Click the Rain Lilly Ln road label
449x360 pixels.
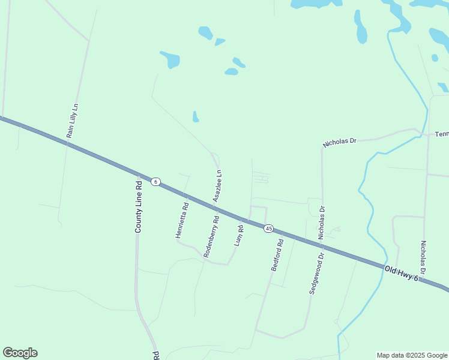click(x=73, y=121)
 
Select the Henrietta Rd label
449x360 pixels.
click(x=182, y=220)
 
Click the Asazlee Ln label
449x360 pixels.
click(x=217, y=185)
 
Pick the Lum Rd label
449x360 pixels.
click(x=239, y=234)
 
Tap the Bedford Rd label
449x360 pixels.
click(x=277, y=255)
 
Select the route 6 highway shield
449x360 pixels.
click(x=155, y=182)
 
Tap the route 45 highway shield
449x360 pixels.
click(x=268, y=228)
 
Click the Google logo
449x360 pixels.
click(x=20, y=353)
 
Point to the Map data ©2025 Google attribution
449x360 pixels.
click(x=412, y=355)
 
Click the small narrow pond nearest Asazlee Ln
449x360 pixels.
click(x=195, y=116)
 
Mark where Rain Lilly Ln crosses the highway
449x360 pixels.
click(x=67, y=143)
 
